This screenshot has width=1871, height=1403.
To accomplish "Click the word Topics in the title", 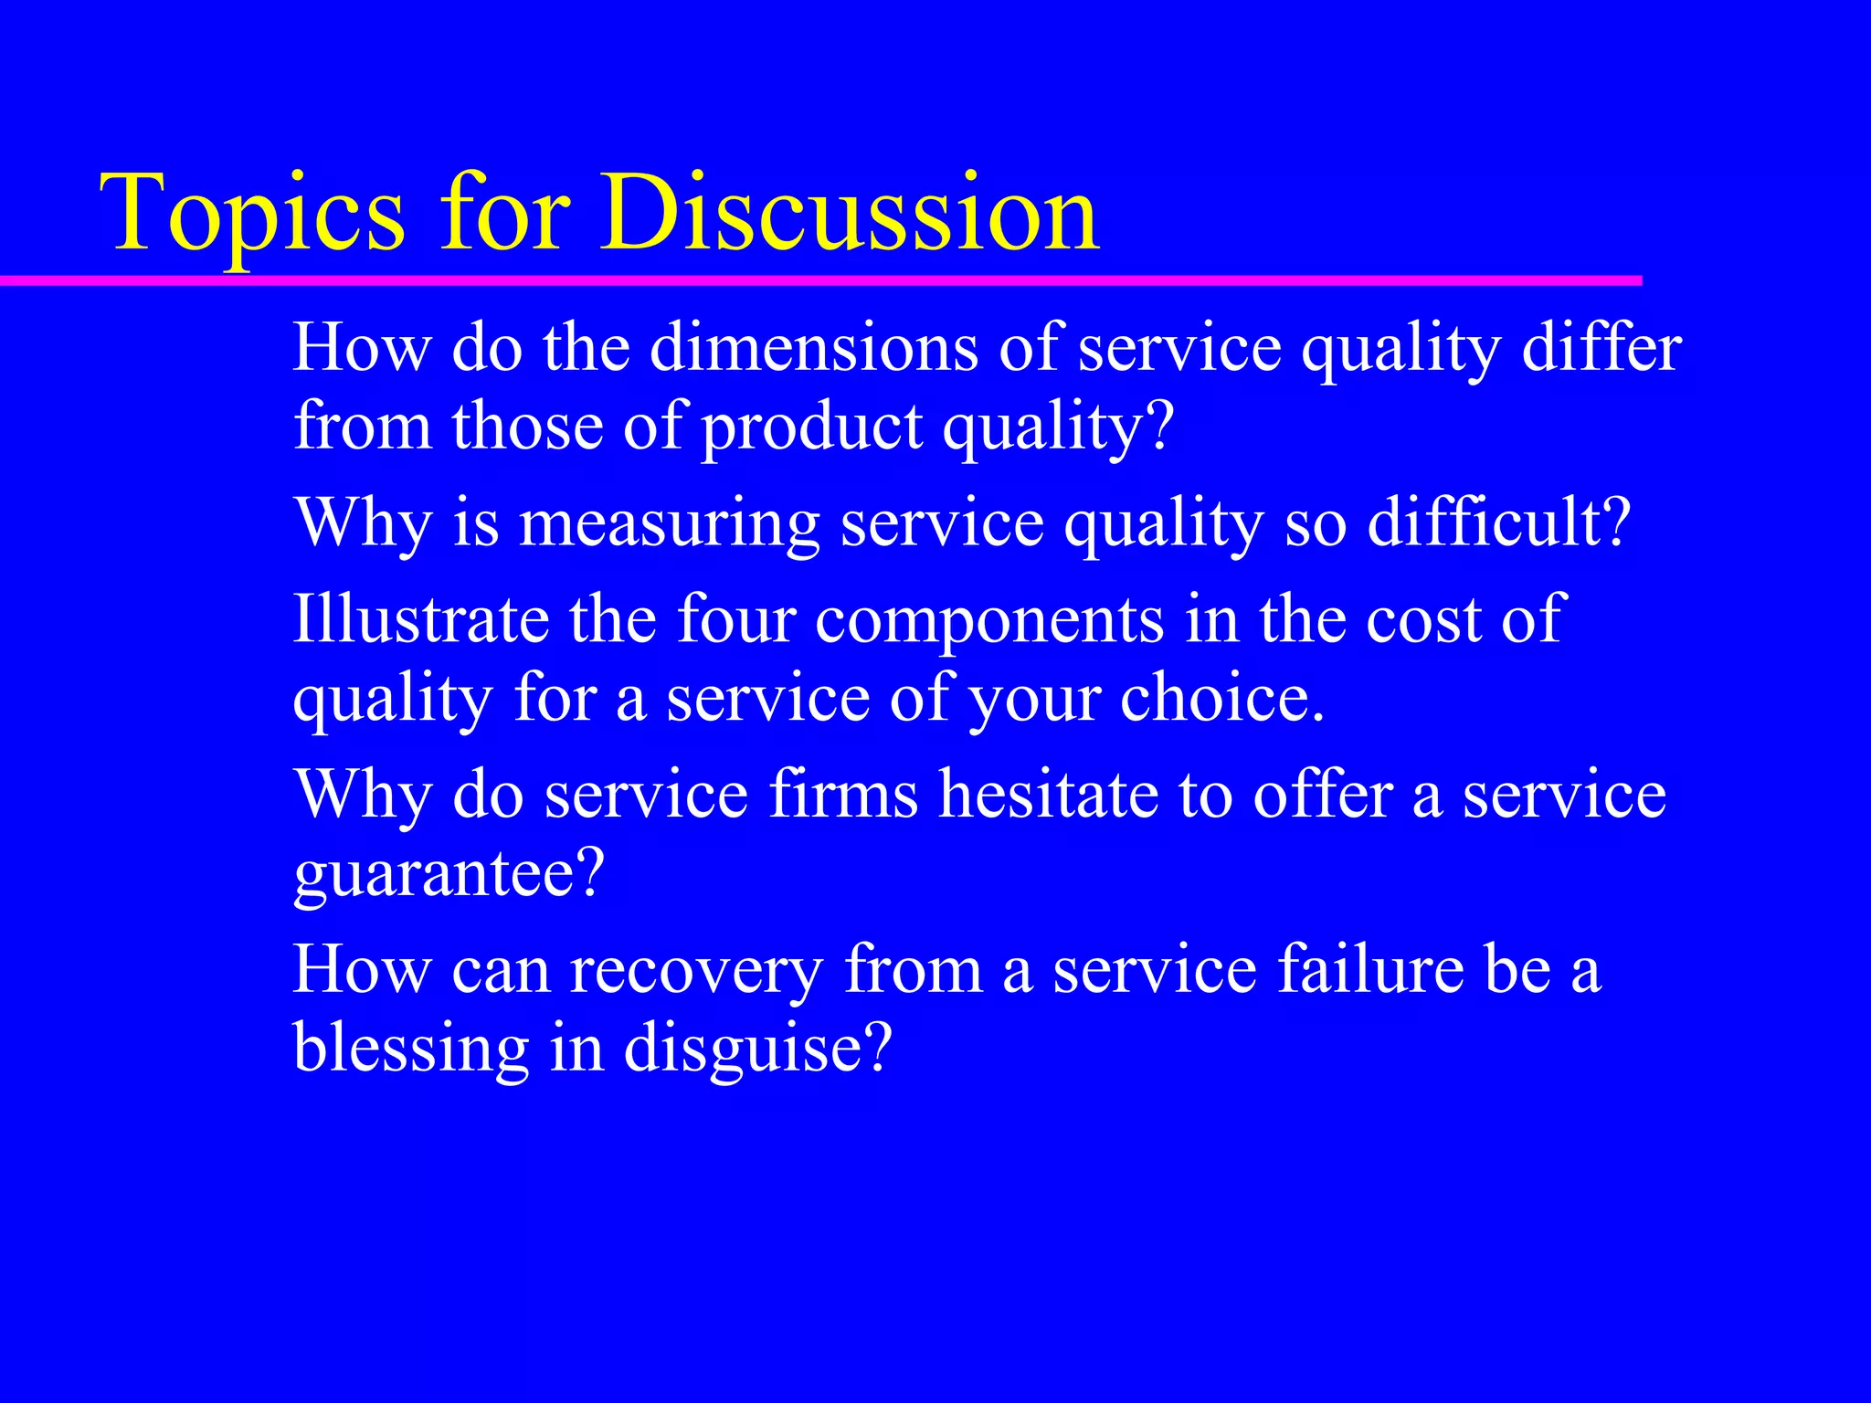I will [252, 216].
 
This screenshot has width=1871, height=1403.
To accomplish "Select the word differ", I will [1601, 349].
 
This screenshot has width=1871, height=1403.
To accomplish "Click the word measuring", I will [669, 524].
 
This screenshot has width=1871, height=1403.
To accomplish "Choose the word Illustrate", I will [420, 619].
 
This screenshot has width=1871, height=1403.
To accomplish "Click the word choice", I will [1222, 700].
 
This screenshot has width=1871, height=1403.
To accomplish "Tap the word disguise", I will [756, 1049].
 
